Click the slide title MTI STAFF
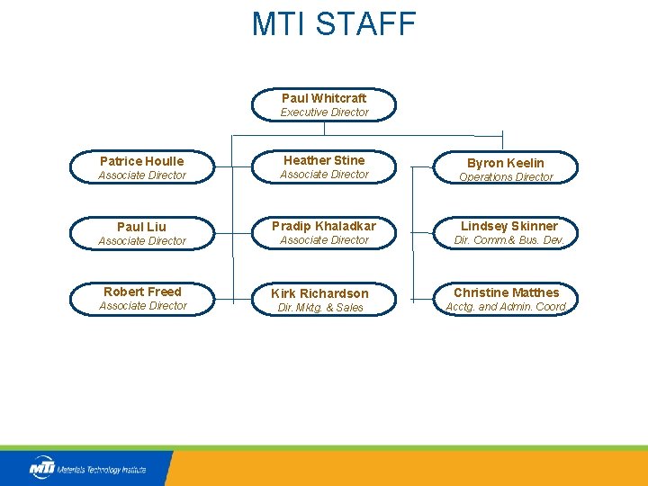coord(334,24)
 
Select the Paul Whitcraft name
coord(324,98)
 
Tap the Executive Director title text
coord(324,112)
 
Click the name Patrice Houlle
coord(142,161)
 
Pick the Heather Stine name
coord(324,160)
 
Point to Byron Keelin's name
coord(506,163)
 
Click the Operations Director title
coord(506,177)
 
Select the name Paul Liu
coord(142,227)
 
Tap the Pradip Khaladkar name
coord(324,226)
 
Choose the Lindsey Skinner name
coord(509,226)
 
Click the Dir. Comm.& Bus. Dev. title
coord(508,240)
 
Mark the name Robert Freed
coord(142,292)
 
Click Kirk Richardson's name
coord(320,293)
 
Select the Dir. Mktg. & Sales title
coord(320,308)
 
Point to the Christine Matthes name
coord(507,292)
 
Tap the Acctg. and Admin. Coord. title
coord(507,307)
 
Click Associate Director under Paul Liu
coord(142,241)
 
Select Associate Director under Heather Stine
coord(324,175)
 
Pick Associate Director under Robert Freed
coord(143,306)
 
